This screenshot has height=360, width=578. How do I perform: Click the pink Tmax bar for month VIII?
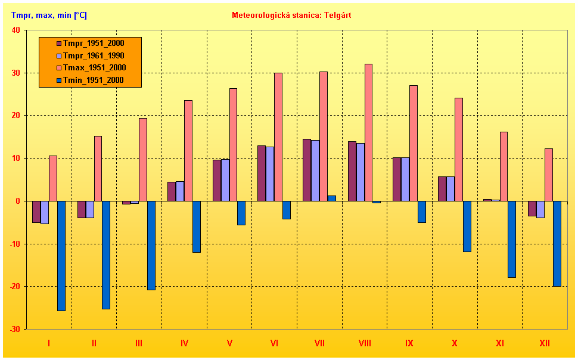(368, 132)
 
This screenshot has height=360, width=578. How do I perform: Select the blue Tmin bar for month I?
(61, 256)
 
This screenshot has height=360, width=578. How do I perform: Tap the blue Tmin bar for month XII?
(557, 243)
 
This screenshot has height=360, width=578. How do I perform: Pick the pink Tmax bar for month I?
(53, 178)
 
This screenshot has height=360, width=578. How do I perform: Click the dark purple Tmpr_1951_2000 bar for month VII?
(307, 170)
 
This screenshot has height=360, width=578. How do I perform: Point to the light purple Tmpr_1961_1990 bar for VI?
(270, 173)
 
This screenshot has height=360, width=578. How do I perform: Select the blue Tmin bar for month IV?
(196, 226)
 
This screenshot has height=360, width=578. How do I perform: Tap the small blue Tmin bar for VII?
(332, 198)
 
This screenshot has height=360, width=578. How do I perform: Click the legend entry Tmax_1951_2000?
(94, 68)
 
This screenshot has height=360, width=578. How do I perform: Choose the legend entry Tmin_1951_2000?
(93, 80)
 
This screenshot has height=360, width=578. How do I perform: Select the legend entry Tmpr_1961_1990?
(93, 55)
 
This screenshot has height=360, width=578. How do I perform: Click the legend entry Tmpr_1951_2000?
(93, 44)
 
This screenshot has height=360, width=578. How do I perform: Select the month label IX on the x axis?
(409, 343)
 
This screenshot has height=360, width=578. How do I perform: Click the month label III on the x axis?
(139, 343)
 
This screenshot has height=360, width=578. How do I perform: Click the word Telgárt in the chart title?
(338, 15)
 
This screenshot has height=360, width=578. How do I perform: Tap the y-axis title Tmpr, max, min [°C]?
(49, 15)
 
